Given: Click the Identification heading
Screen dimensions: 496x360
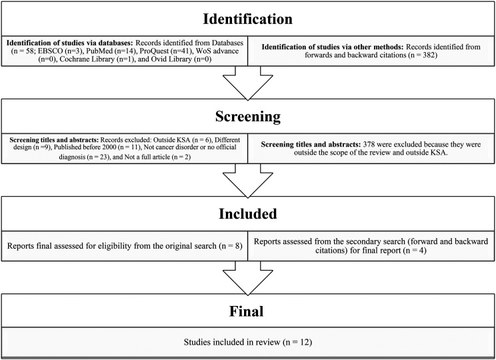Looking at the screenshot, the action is tap(248, 19).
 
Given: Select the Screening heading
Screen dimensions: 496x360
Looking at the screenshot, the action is tap(248, 117).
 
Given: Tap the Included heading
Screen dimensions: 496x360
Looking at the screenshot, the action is tap(248, 214).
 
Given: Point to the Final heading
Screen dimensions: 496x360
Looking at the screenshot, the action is tap(247, 311).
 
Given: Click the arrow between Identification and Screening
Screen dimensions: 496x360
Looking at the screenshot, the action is tap(248, 83).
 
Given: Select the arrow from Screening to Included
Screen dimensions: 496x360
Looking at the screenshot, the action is tap(248, 180).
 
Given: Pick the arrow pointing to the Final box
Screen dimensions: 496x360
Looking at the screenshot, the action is tap(248, 278).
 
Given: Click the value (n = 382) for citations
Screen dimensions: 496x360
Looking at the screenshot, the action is tap(423, 55).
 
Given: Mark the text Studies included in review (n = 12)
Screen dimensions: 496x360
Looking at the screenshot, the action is tap(248, 342).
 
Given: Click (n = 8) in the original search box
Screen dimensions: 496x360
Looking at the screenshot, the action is tap(231, 246).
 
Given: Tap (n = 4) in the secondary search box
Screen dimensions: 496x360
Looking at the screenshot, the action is tap(415, 251).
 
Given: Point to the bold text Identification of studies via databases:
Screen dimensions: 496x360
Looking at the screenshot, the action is tap(71, 43).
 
